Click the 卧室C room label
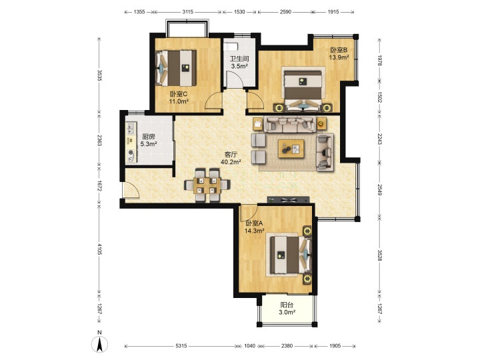tap(179, 94)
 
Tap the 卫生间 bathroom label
tap(239, 59)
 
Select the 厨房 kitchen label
tap(149, 137)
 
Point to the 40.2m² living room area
tap(231, 162)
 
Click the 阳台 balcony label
tap(287, 305)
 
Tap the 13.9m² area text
tap(339, 57)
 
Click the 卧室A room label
tap(254, 223)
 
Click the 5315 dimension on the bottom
tap(181, 346)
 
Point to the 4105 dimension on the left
tap(99, 249)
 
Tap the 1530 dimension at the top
tap(239, 12)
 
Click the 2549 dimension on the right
tap(379, 190)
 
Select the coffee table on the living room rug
tap(291, 149)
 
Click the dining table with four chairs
tap(207, 185)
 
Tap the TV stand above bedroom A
tap(289, 200)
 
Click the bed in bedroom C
tap(176, 68)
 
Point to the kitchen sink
tap(131, 129)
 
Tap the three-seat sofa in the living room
tap(290, 124)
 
